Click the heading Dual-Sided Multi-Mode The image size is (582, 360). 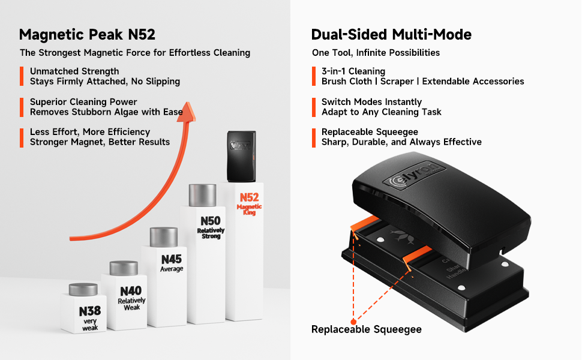(x=391, y=34)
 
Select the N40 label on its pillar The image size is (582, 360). (x=131, y=290)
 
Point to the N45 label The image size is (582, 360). (x=171, y=260)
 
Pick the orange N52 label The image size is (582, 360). (x=249, y=197)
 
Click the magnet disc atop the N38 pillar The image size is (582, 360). (x=83, y=289)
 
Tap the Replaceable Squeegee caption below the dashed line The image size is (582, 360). (x=366, y=329)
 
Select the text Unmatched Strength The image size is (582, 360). (x=74, y=71)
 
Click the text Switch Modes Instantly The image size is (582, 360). (x=371, y=102)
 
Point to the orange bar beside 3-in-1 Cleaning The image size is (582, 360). (x=314, y=76)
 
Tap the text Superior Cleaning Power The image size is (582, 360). (x=83, y=102)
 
